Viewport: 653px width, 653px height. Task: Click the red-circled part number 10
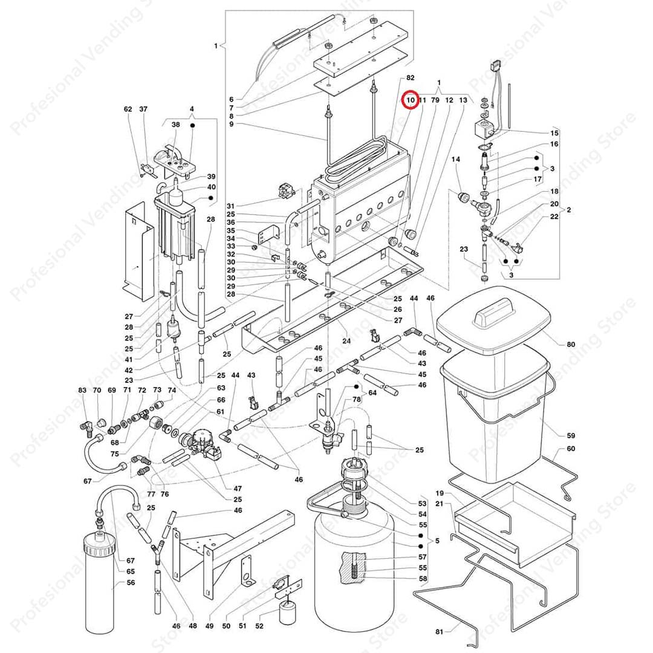(x=410, y=100)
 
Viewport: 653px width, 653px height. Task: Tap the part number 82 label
(x=410, y=78)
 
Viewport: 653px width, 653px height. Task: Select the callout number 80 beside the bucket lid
(x=571, y=345)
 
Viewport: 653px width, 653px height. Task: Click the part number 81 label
(x=440, y=632)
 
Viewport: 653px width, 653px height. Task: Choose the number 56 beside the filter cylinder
(x=131, y=583)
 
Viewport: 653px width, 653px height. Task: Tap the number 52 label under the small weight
(x=259, y=626)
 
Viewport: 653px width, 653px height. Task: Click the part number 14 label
(x=456, y=159)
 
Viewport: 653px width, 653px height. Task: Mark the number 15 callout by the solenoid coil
(x=554, y=133)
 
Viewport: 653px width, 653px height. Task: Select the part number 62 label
(x=128, y=109)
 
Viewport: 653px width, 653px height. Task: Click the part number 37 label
(x=143, y=109)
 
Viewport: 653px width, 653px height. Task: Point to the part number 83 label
(x=82, y=390)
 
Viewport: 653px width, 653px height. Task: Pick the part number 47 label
(x=238, y=489)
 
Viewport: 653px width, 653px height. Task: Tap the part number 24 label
(x=346, y=340)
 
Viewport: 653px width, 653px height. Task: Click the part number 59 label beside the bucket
(x=571, y=435)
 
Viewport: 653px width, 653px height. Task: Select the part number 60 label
(x=571, y=449)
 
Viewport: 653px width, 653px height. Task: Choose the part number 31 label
(x=231, y=206)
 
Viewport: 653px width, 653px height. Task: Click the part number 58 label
(x=423, y=579)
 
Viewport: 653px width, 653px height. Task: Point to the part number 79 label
(x=435, y=100)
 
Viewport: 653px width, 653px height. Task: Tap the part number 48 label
(x=193, y=626)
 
